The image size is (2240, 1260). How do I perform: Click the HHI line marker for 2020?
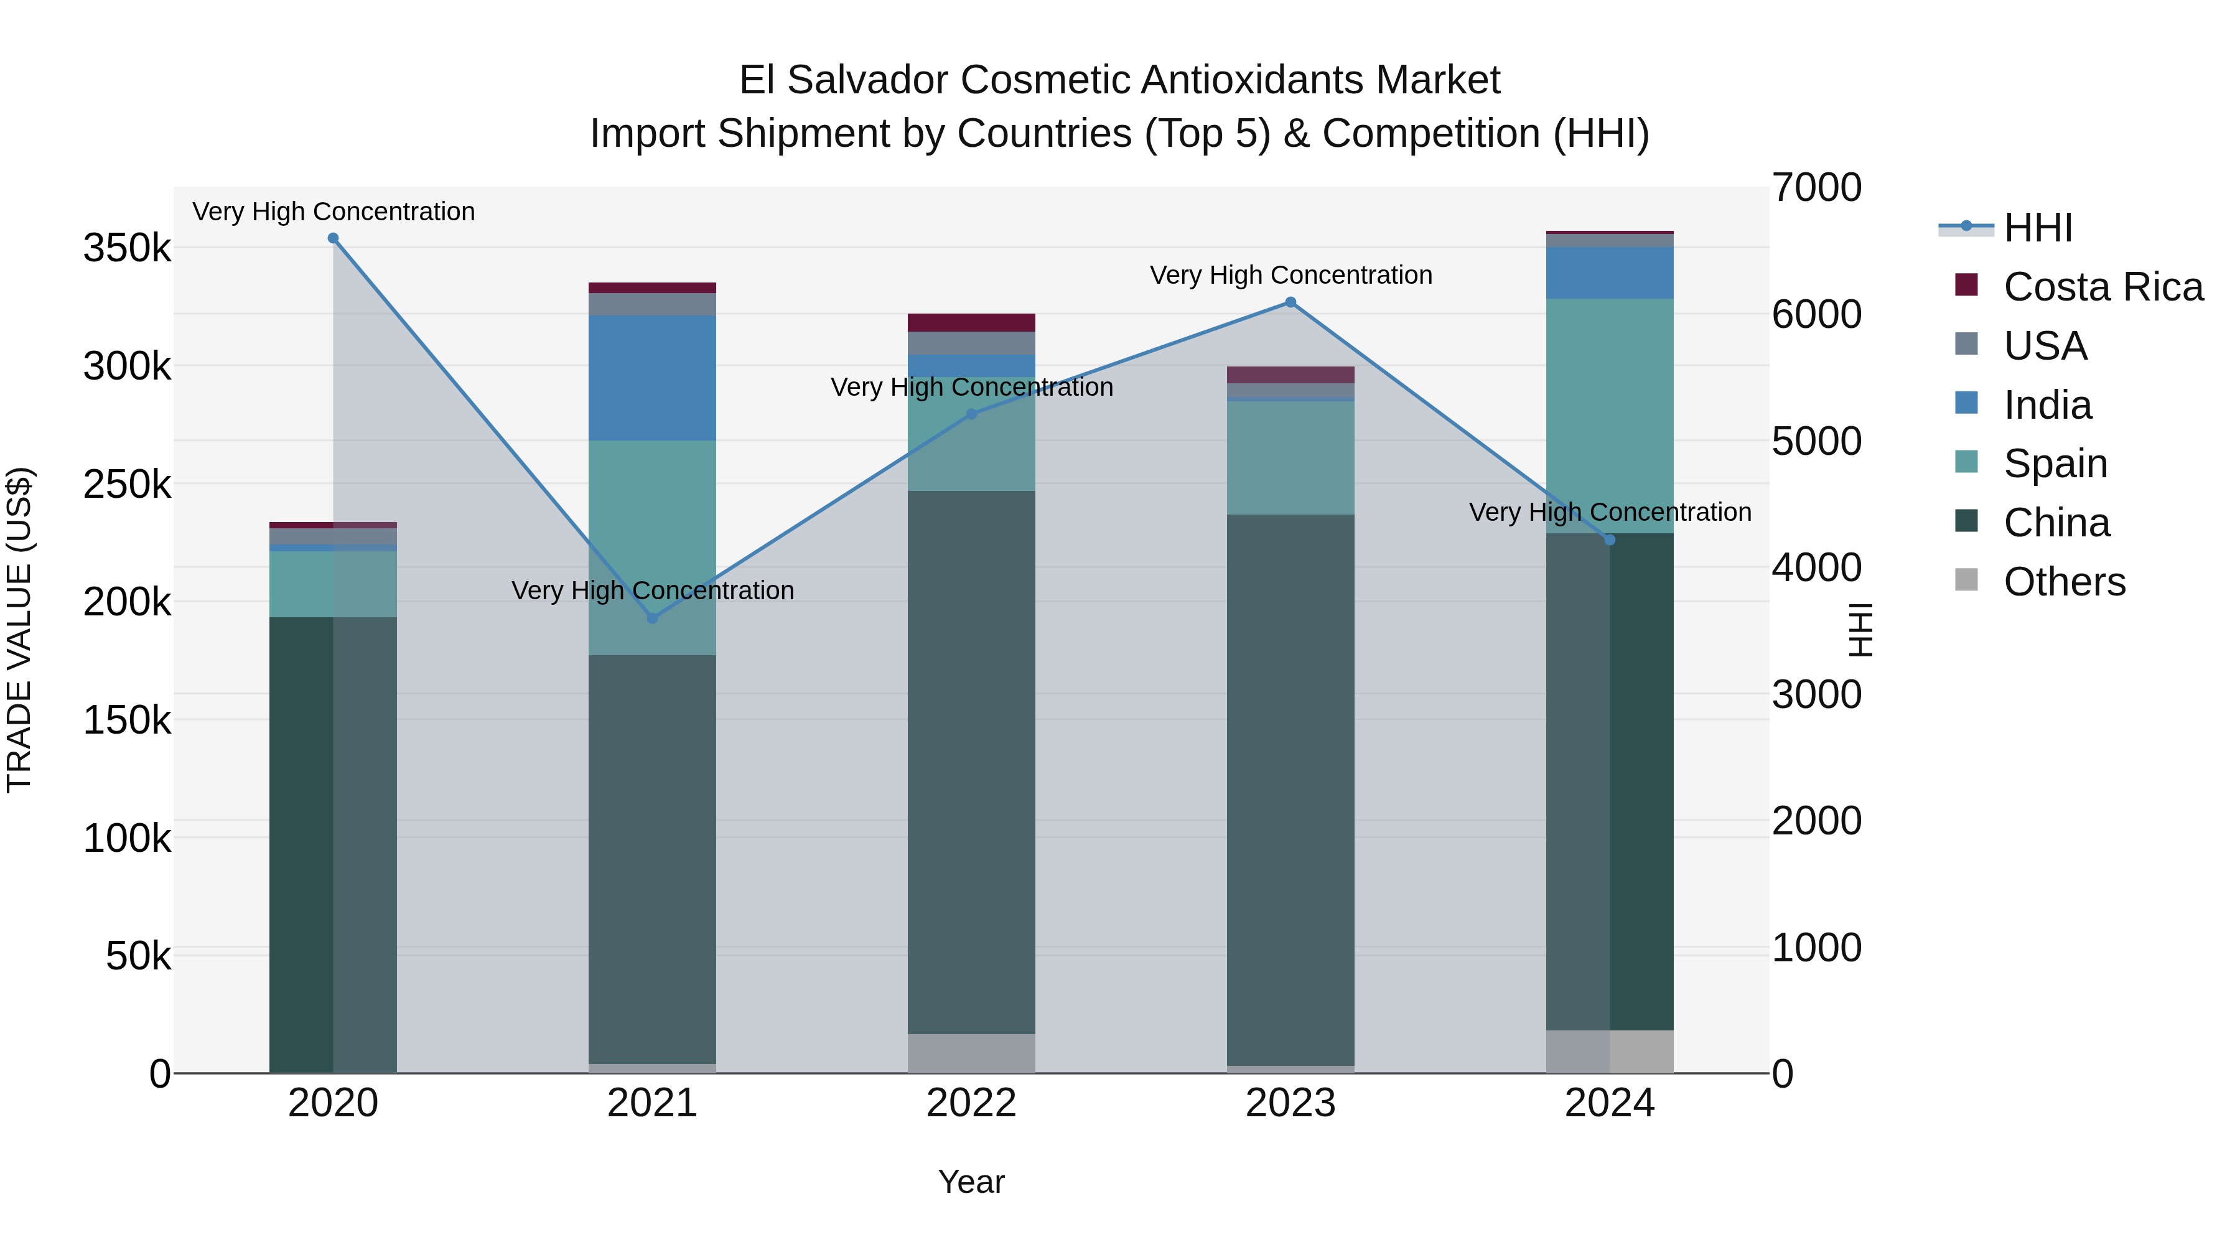coord(333,238)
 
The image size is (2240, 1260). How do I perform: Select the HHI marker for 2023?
coord(1290,302)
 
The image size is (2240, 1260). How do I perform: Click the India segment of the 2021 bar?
coord(652,378)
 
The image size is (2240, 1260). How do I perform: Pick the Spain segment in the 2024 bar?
coord(1610,416)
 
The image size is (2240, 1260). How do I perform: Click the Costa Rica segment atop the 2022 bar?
coord(971,322)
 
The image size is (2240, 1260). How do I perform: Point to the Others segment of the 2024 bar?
coord(1610,1052)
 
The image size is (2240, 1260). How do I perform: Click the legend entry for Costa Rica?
coord(2102,287)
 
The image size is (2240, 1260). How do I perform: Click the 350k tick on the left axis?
coord(127,249)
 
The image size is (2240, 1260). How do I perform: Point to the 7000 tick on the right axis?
coord(1816,188)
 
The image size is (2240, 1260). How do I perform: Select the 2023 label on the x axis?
coord(1290,1103)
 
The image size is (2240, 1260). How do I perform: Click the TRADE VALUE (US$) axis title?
coord(19,630)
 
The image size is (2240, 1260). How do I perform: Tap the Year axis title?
coord(971,1182)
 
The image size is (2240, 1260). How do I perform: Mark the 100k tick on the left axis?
coord(127,838)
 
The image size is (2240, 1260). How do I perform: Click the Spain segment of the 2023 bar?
coord(1290,457)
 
